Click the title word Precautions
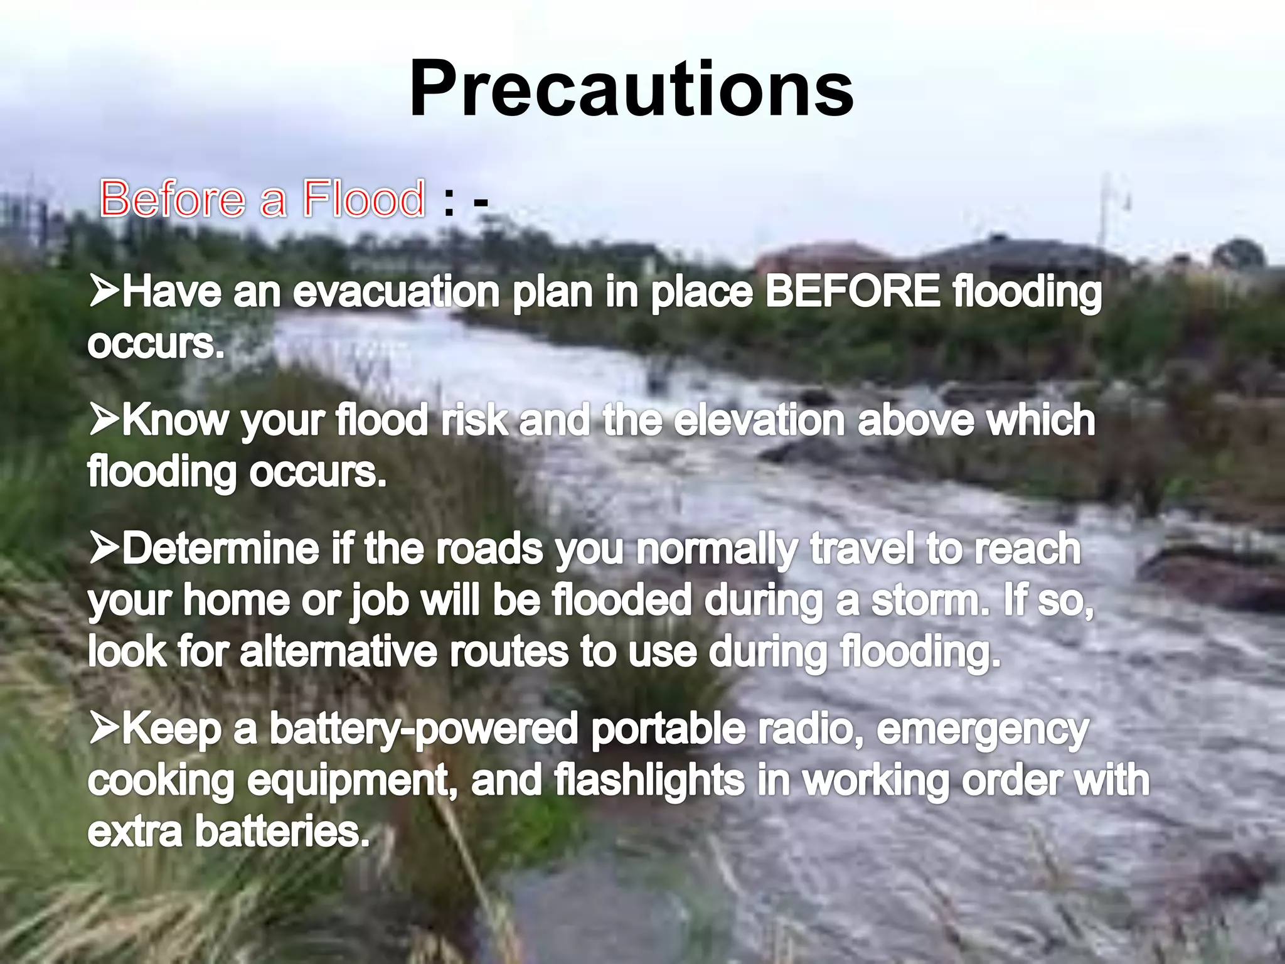coord(631,89)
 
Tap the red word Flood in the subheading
coord(363,199)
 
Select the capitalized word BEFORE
coord(853,292)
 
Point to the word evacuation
coord(396,292)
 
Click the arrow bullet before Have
coord(104,291)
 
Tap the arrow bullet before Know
coord(104,419)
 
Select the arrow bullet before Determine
coord(104,547)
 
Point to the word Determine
coord(220,548)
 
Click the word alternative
coord(339,651)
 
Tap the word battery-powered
coord(424,731)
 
